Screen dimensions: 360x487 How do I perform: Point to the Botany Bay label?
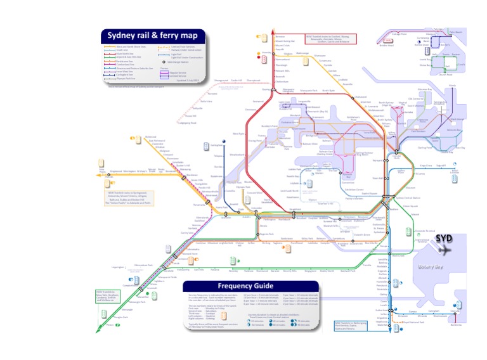[x=432, y=267]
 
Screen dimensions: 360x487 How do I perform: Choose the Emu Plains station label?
[x=102, y=170]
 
